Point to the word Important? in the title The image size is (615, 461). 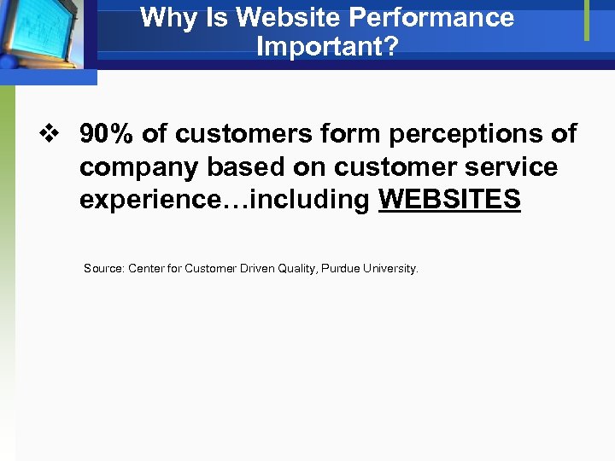coord(327,47)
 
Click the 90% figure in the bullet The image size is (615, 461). coord(108,134)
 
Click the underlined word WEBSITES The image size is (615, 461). coord(449,200)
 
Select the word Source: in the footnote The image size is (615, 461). coord(103,268)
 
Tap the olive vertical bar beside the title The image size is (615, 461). coord(587,20)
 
